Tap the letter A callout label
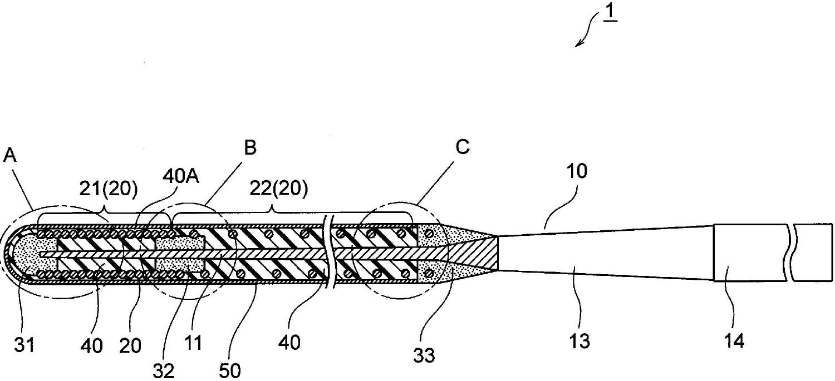(10, 155)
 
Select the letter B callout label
(250, 147)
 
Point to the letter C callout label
(463, 147)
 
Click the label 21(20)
(109, 189)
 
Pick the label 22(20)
(279, 189)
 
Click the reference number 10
(577, 171)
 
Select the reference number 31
(24, 345)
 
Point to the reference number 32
(164, 371)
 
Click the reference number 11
(193, 343)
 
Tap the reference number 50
(229, 371)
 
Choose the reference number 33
(424, 355)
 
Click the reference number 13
(580, 341)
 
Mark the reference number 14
(734, 341)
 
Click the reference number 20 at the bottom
(130, 345)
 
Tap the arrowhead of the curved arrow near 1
(577, 44)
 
